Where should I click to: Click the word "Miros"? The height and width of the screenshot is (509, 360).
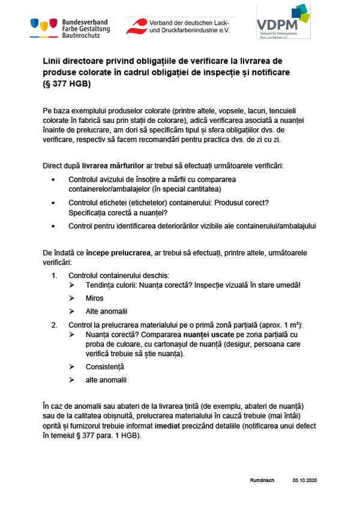[95, 298]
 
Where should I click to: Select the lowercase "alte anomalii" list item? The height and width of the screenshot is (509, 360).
[106, 380]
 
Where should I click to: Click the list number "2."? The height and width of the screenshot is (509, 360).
[54, 325]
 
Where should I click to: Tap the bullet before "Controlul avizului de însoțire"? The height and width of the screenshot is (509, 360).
[55, 179]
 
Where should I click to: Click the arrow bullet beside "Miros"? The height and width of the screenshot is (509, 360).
[72, 298]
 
